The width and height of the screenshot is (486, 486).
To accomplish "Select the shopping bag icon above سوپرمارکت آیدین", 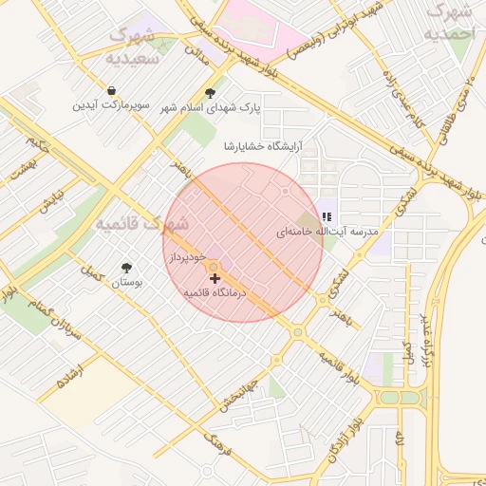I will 113,90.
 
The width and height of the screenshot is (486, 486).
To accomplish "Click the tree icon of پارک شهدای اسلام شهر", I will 210,93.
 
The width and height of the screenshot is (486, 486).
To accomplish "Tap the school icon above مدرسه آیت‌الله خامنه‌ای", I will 327,217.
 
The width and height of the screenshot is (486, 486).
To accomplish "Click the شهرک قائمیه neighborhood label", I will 142,224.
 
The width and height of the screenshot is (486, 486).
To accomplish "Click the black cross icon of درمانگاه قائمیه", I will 215,279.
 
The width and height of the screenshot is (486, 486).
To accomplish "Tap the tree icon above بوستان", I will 126,269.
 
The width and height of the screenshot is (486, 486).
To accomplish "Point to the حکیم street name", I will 37,145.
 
